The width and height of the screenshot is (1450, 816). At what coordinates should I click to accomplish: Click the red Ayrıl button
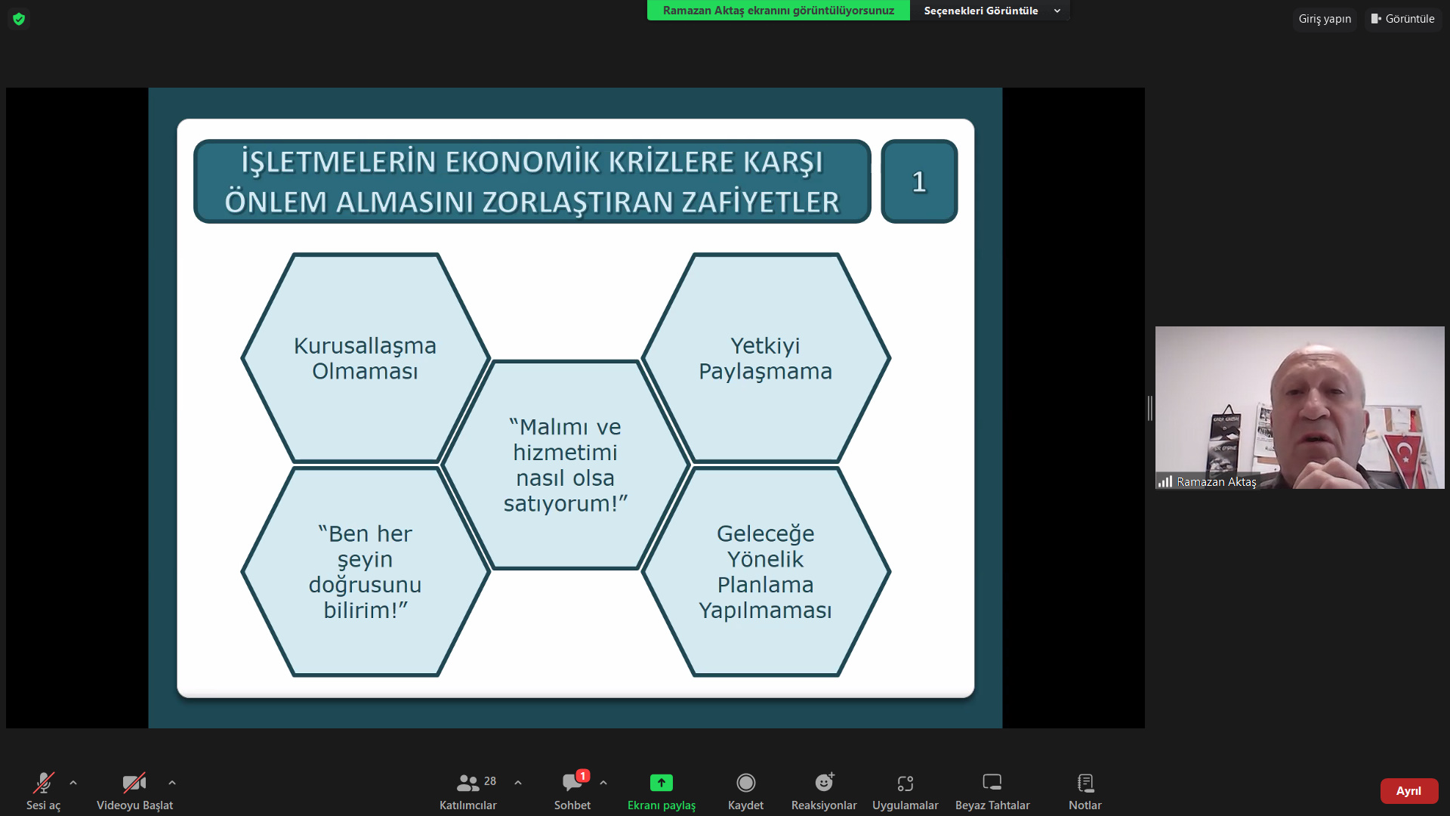click(1408, 790)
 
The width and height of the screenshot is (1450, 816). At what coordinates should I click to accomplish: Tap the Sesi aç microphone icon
click(44, 783)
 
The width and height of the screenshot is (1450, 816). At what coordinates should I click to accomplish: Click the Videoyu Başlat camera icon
click(134, 783)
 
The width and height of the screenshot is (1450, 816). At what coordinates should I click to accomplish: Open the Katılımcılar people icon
click(467, 783)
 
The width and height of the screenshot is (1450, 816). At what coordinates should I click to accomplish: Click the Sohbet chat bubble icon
click(572, 783)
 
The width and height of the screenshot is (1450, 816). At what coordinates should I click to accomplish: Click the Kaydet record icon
click(745, 783)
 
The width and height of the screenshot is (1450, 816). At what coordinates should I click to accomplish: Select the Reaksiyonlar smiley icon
click(824, 783)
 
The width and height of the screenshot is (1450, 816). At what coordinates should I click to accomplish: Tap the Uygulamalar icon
click(905, 784)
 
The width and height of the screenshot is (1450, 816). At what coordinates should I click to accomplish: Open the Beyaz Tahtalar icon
click(992, 782)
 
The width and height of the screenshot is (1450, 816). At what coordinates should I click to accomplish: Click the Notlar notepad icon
click(1085, 783)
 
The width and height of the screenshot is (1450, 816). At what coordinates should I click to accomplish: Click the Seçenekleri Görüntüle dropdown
click(991, 11)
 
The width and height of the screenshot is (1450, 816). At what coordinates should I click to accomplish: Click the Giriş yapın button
click(1325, 19)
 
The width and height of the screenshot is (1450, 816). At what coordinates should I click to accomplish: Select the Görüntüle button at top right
click(1403, 19)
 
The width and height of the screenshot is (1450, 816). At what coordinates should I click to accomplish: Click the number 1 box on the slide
click(919, 181)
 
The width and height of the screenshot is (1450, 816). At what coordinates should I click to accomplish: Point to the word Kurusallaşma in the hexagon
click(365, 346)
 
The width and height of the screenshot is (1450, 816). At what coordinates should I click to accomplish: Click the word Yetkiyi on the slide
click(765, 346)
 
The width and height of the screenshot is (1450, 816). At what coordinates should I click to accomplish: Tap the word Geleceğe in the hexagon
click(765, 534)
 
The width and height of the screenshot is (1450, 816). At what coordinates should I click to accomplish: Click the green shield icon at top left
click(19, 19)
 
